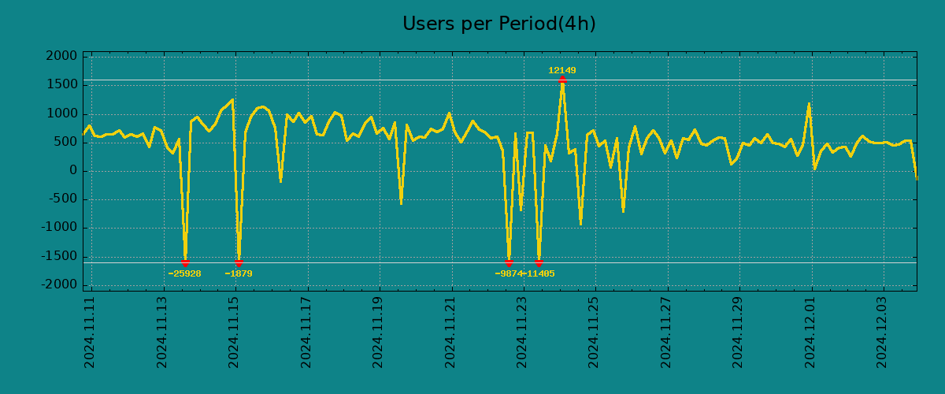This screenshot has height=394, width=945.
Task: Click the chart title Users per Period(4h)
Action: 498,24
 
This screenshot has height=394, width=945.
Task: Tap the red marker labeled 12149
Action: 562,80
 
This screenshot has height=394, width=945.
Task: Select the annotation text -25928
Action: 184,274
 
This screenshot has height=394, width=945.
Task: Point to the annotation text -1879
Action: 239,274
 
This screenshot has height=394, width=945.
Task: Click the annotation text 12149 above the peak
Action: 562,71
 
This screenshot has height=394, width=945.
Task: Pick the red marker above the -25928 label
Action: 185,262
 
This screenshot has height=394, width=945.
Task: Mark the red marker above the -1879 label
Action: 239,262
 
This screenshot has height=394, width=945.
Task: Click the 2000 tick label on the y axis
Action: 61,57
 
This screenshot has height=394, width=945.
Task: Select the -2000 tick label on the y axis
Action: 59,284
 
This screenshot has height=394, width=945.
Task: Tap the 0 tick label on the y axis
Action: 73,171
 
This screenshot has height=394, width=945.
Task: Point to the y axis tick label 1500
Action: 61,85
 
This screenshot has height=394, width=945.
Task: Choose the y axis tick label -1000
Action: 59,228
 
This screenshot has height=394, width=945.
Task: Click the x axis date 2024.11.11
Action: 90,332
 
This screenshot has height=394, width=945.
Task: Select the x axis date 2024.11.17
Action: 306,332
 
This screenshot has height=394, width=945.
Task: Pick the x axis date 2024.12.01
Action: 811,332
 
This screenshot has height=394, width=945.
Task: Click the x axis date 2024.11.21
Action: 450,332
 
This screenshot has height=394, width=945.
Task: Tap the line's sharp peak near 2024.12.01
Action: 809,103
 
